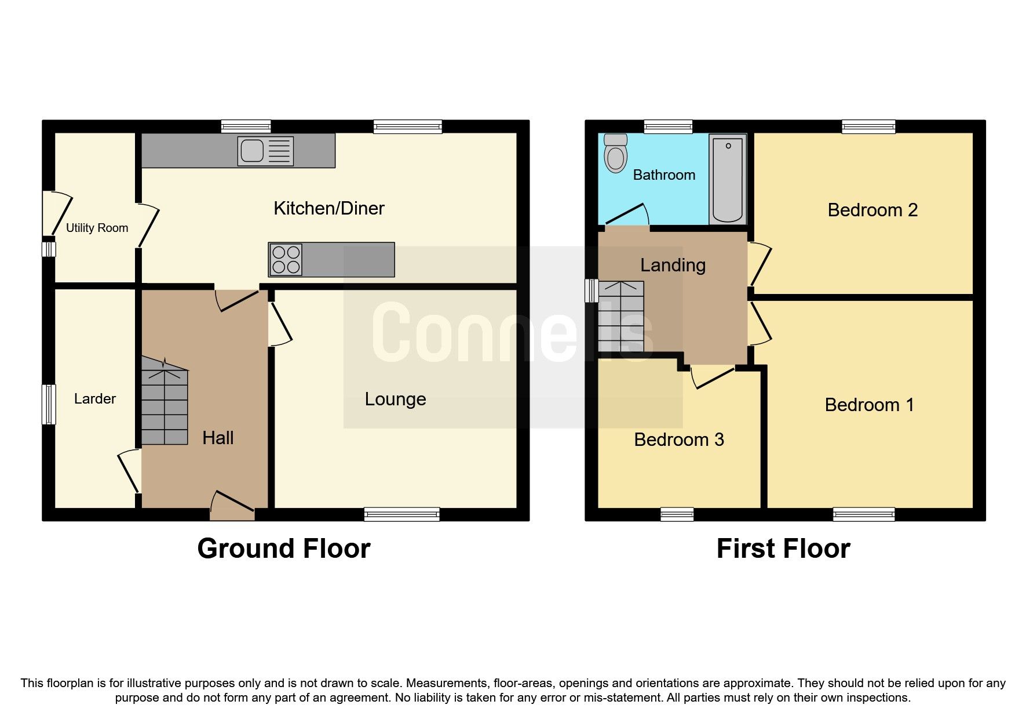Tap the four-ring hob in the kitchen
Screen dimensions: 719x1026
286,260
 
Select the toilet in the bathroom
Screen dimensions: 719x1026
615,153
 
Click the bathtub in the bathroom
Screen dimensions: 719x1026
728,179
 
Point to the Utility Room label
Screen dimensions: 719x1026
97,228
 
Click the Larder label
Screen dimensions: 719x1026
95,399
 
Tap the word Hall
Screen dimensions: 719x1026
218,438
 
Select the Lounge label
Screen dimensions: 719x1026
395,399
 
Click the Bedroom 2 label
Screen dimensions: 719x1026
872,210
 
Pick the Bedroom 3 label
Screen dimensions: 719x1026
679,440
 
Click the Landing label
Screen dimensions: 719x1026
673,265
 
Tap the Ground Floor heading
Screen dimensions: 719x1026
283,549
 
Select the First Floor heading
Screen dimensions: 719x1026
783,549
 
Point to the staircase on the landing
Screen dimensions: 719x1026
621,317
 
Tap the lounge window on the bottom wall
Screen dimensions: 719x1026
401,514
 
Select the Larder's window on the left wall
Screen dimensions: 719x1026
49,404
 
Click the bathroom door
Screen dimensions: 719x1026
626,215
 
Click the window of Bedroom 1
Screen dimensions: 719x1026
864,514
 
